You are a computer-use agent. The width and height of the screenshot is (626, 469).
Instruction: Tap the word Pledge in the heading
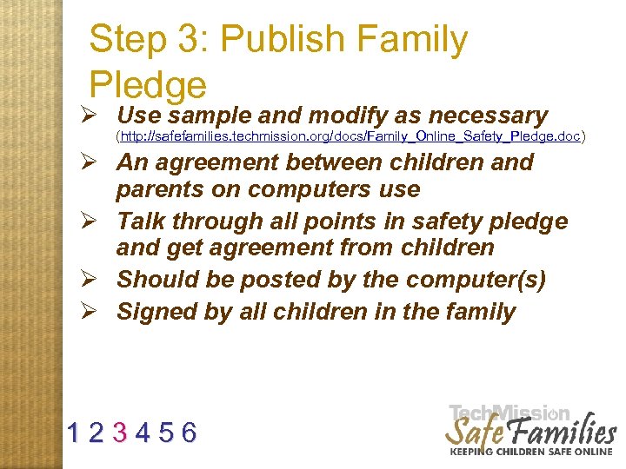click(x=148, y=84)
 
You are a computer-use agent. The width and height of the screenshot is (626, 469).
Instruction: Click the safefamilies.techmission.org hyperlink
click(x=350, y=136)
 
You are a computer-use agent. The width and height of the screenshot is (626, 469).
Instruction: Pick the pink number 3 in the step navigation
click(x=122, y=432)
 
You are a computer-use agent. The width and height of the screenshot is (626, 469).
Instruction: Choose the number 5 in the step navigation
click(x=165, y=432)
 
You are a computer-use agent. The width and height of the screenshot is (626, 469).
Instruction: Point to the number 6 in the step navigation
click(x=189, y=432)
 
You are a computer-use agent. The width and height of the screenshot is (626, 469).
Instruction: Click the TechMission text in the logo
click(x=509, y=414)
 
